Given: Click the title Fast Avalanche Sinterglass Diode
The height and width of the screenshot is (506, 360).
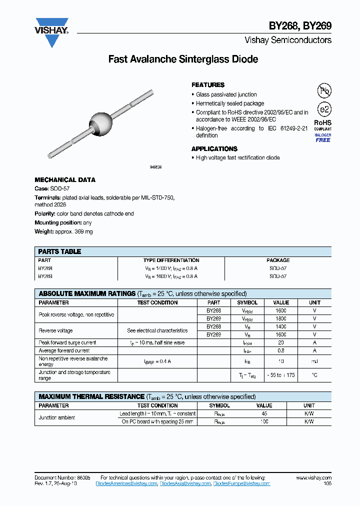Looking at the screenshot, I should (183, 59).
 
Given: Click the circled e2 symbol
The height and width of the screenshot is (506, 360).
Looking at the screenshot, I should (324, 109).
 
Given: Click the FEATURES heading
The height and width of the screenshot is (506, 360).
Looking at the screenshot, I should (208, 85).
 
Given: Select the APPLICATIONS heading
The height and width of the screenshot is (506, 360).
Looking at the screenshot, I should (214, 149).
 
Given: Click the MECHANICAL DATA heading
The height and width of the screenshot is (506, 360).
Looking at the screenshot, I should (65, 180).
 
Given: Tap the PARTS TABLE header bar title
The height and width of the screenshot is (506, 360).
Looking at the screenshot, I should (59, 251).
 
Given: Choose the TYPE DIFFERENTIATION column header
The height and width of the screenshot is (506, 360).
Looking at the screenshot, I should (171, 260).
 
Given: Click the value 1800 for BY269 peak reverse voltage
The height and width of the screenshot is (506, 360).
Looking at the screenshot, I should (281, 318).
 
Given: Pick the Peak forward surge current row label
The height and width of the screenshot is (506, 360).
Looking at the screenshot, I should (67, 343).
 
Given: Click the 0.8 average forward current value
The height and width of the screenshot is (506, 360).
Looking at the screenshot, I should (281, 351).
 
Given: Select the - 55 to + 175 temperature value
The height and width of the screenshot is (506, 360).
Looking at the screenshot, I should (281, 375).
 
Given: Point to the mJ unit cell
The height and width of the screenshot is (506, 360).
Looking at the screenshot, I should (314, 361).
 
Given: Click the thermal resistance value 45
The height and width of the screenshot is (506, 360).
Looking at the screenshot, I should (264, 414).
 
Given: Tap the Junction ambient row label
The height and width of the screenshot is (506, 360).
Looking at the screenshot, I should (57, 417).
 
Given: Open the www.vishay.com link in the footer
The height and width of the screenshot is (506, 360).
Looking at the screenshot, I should (313, 478).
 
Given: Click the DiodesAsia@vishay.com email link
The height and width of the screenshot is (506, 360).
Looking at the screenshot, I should (184, 483).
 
